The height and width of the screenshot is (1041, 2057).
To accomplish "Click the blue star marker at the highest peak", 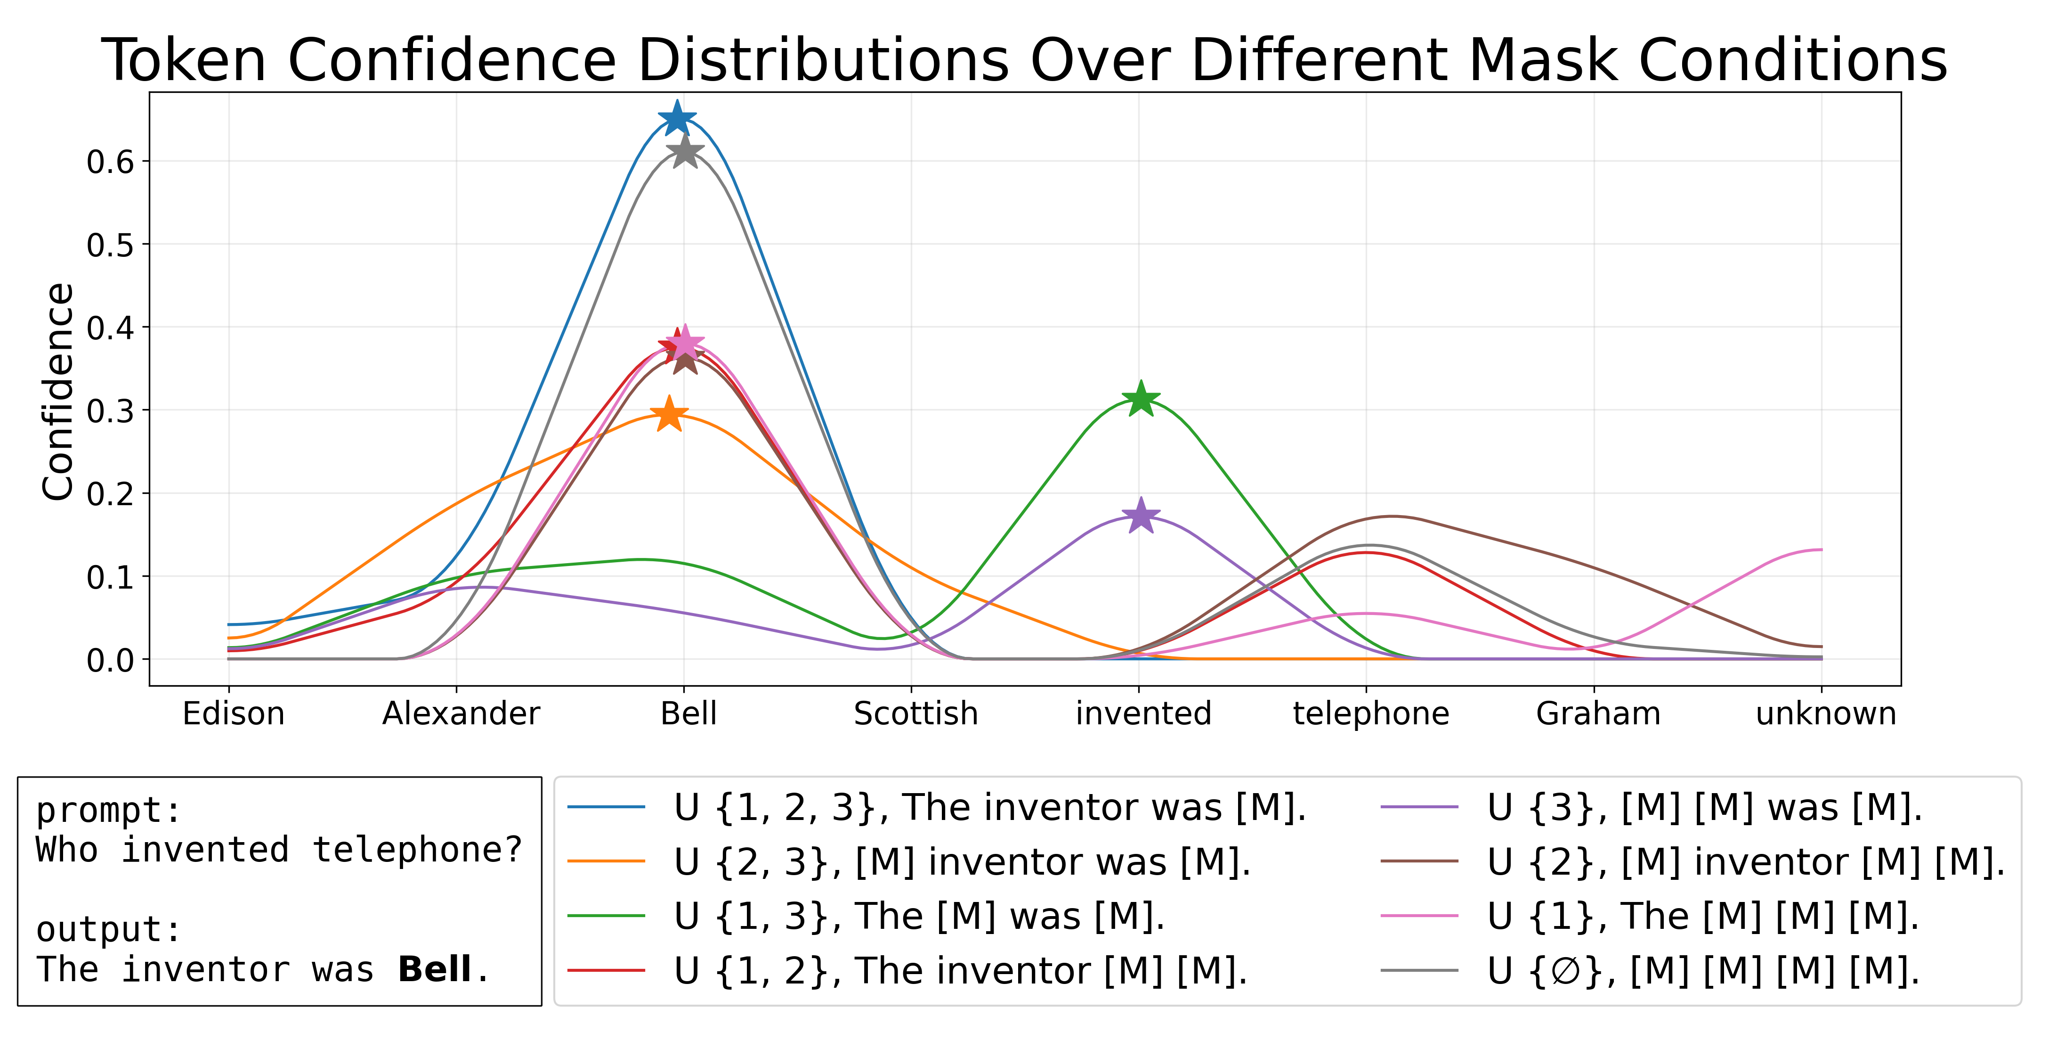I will click(676, 118).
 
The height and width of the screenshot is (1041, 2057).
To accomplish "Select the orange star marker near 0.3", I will click(669, 414).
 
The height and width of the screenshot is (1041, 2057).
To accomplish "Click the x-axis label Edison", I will click(233, 713).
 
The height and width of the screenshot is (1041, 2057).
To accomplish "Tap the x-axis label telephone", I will click(1371, 713).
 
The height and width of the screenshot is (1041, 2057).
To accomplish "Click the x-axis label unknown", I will click(1825, 713).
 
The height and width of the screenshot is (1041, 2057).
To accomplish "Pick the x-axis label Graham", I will click(1598, 713).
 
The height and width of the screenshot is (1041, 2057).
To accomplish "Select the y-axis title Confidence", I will click(57, 392).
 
